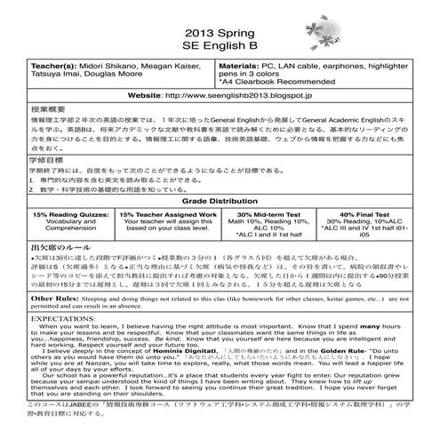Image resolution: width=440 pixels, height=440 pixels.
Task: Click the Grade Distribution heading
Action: point(220,178)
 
